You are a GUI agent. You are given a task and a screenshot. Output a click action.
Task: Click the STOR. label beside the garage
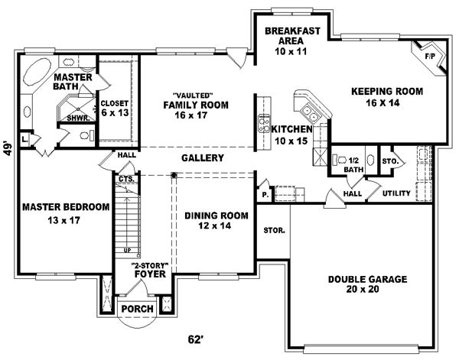coord(275,229)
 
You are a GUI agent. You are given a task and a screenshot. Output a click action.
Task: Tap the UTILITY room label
coord(398,195)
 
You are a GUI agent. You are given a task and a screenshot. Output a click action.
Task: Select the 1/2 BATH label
coord(353,164)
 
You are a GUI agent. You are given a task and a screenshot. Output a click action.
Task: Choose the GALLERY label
coord(202,158)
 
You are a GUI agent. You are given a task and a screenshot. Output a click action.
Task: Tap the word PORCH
coord(139,309)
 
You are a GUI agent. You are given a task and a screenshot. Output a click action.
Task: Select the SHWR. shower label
coord(76,118)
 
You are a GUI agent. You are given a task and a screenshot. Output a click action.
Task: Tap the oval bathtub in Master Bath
coord(34,79)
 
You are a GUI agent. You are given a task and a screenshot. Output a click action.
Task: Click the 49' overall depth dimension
coord(8,147)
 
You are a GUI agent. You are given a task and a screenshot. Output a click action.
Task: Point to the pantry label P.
coord(264,194)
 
